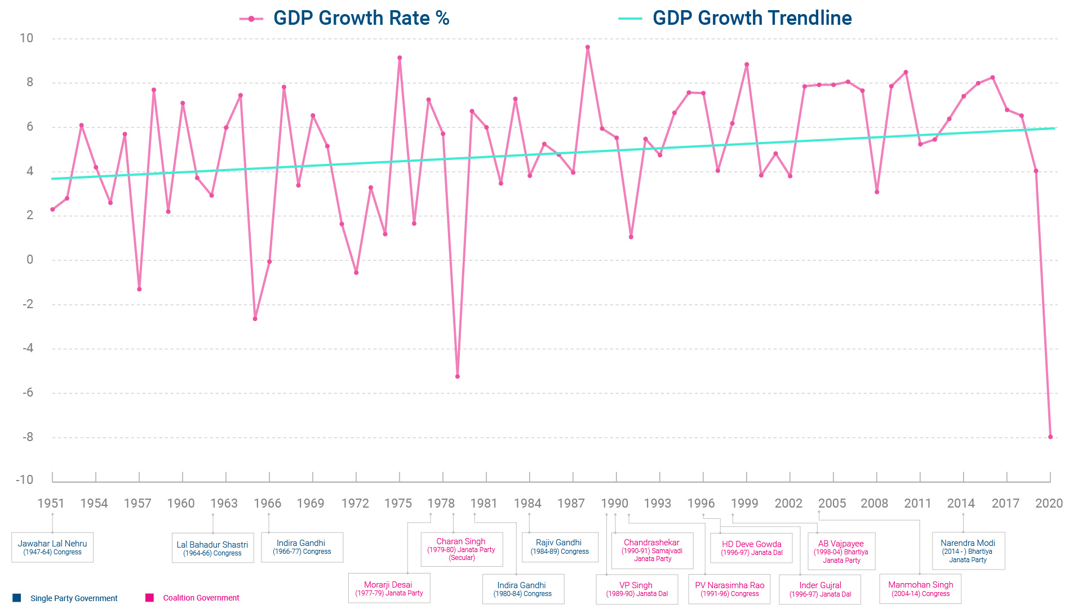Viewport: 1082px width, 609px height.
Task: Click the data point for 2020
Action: point(1050,437)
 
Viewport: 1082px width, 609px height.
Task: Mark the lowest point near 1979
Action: point(457,376)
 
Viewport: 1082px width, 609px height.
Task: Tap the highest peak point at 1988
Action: point(587,47)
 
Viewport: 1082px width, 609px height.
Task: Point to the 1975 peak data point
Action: point(400,57)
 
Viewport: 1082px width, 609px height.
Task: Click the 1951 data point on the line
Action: point(52,210)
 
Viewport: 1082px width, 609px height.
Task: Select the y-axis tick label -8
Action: point(28,437)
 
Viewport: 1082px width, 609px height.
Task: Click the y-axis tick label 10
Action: point(26,38)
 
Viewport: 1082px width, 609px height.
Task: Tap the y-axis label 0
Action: point(30,260)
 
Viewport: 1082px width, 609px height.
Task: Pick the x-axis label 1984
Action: point(527,503)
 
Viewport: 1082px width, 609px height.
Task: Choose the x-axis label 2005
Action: point(832,503)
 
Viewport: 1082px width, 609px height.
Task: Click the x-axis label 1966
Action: point(267,503)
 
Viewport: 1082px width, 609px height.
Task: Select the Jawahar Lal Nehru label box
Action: point(52,547)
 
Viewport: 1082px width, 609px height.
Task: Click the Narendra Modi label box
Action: point(968,550)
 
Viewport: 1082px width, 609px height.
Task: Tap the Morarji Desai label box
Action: point(389,588)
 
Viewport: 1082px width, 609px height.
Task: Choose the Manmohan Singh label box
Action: point(920,588)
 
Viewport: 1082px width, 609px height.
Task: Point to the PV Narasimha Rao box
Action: point(729,589)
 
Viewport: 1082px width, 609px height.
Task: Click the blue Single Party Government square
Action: point(17,598)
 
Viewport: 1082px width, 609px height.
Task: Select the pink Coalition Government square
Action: point(149,598)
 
